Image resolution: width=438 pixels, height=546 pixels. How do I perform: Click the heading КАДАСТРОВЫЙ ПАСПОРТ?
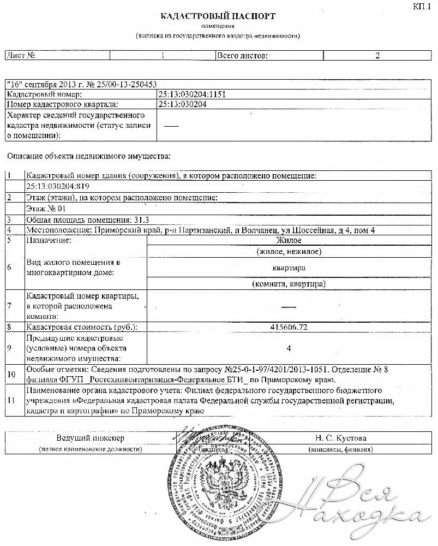click(218, 17)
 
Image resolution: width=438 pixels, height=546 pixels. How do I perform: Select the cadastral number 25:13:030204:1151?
click(191, 94)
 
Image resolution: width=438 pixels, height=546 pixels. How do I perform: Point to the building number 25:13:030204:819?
click(58, 186)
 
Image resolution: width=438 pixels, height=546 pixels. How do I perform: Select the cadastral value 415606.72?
click(289, 327)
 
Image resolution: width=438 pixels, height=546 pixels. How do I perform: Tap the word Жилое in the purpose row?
click(289, 240)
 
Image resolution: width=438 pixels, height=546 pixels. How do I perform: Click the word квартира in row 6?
click(289, 268)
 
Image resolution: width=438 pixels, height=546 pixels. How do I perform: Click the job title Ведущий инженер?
click(91, 438)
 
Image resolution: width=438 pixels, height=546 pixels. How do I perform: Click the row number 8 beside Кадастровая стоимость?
click(9, 327)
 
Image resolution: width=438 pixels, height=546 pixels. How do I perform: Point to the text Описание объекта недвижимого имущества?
click(89, 156)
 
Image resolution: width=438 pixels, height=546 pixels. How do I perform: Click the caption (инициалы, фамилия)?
click(340, 449)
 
